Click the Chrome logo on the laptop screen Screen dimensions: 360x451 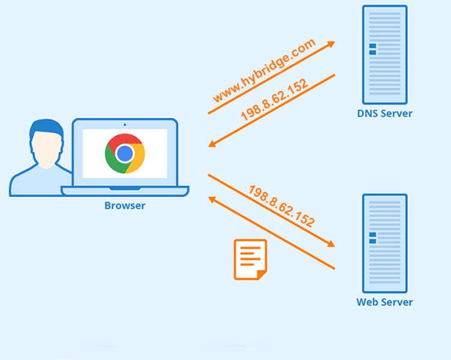(x=124, y=153)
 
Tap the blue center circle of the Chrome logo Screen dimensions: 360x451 (x=124, y=154)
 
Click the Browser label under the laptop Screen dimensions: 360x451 (x=124, y=206)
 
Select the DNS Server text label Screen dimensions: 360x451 (x=385, y=114)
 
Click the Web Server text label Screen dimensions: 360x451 (x=385, y=302)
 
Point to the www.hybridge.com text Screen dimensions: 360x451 (x=264, y=70)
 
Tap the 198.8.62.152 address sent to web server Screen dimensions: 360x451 (x=281, y=206)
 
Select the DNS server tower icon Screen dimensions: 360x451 (x=385, y=55)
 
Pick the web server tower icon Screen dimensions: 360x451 (x=385, y=243)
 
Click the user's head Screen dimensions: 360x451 (x=46, y=148)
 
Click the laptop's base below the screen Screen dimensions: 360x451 (x=125, y=191)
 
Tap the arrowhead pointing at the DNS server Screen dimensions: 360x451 (x=330, y=46)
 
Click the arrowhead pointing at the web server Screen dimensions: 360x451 (x=330, y=244)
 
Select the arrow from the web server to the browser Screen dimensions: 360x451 (x=271, y=233)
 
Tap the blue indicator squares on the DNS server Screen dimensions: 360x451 (x=373, y=49)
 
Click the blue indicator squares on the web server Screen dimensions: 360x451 (x=373, y=237)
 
